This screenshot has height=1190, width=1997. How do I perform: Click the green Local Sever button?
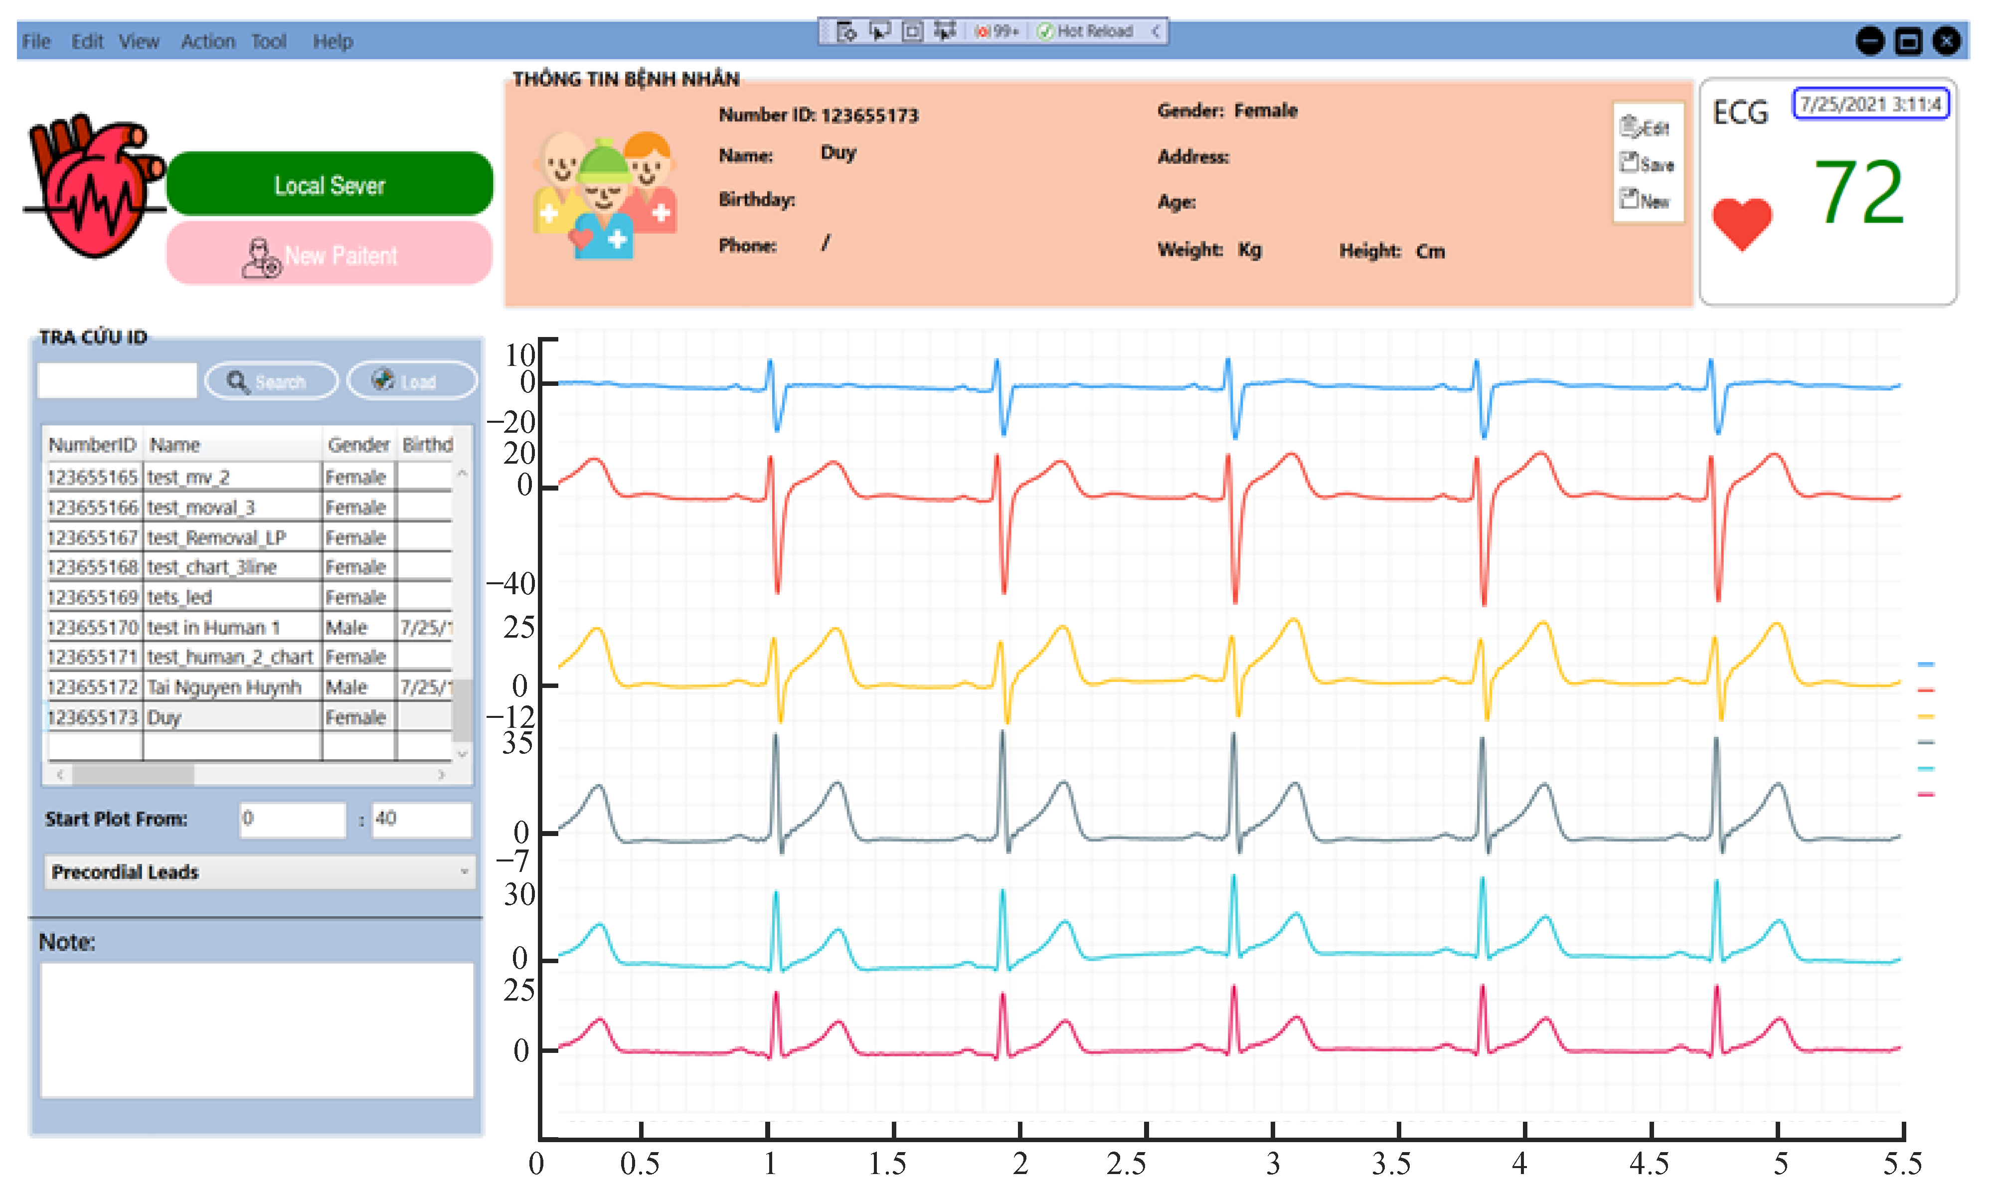pos(330,184)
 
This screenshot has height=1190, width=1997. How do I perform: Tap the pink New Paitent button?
pos(330,255)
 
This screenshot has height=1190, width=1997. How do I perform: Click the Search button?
pos(271,382)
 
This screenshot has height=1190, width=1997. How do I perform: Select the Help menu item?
pos(332,41)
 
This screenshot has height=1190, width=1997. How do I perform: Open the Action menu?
pos(208,41)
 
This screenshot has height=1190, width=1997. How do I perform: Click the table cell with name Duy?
pos(232,717)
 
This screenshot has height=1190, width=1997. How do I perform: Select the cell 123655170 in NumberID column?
pos(93,627)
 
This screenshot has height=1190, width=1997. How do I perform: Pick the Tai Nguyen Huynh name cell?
pos(232,687)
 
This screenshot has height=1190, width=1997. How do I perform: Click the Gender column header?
pos(357,444)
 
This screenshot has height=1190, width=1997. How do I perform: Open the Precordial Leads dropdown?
pos(259,871)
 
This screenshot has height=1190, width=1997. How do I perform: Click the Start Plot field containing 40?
pos(420,819)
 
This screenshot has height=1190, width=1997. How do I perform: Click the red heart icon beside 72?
pos(1741,223)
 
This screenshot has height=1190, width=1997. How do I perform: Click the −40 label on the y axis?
pos(511,583)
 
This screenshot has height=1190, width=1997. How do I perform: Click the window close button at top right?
pos(1947,41)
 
